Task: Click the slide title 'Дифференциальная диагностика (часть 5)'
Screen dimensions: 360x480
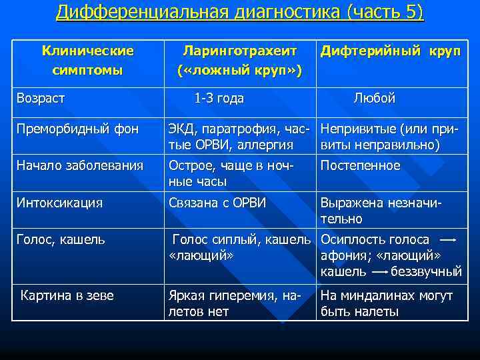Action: (x=239, y=13)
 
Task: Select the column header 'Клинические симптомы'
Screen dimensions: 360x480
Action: (x=87, y=61)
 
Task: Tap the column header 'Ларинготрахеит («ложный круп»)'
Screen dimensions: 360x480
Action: (x=239, y=61)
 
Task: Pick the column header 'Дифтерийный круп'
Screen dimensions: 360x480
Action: (x=390, y=51)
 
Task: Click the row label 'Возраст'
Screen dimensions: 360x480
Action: (x=41, y=99)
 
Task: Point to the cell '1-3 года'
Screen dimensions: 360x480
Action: (x=219, y=99)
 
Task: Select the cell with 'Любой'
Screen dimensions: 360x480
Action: (x=374, y=99)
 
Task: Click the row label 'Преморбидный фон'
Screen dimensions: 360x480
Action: (x=77, y=129)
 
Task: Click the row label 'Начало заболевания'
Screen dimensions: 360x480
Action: (x=79, y=166)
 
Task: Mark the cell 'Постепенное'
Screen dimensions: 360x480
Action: (x=361, y=166)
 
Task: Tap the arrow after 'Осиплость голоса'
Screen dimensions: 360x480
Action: (x=448, y=239)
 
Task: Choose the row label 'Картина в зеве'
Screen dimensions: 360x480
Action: (x=67, y=295)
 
